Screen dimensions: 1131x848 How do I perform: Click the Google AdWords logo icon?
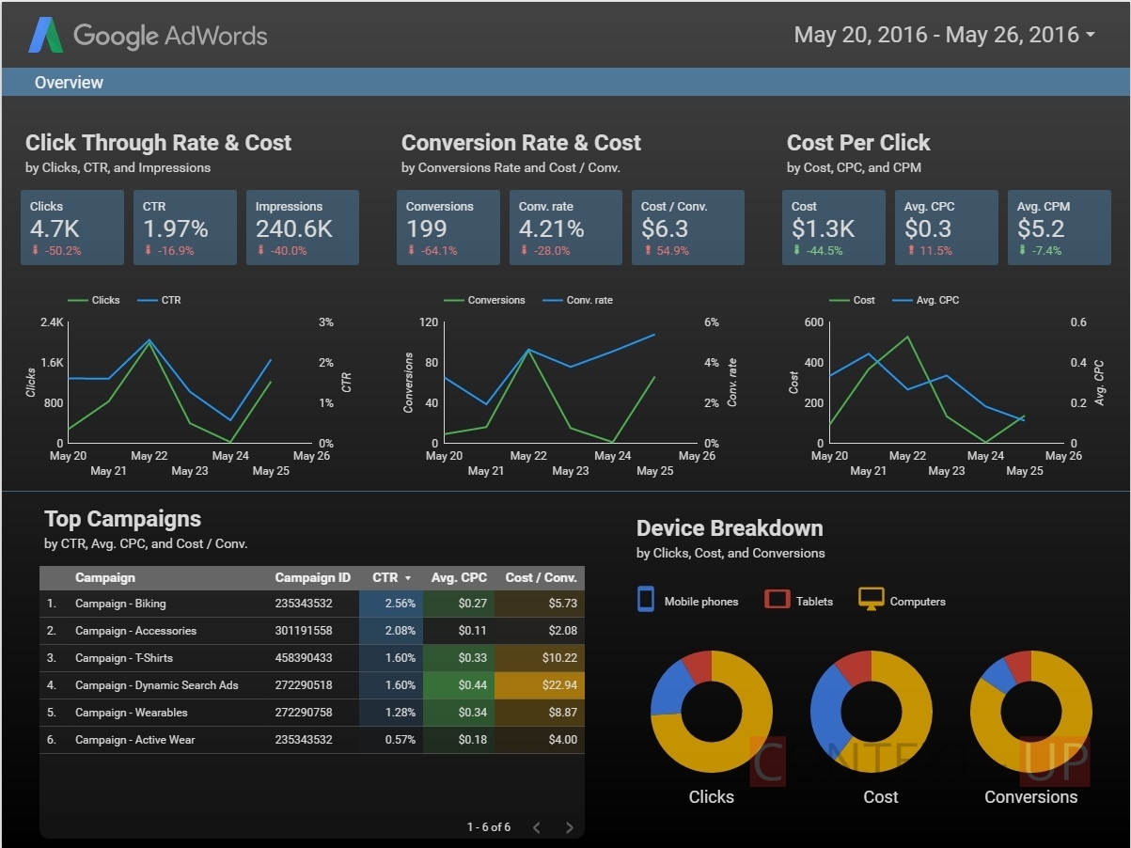pyautogui.click(x=46, y=35)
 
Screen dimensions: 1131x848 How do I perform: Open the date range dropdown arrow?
pyautogui.click(x=1091, y=35)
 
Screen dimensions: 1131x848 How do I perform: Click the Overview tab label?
pyautogui.click(x=69, y=83)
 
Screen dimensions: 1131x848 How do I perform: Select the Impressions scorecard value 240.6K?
pyautogui.click(x=294, y=228)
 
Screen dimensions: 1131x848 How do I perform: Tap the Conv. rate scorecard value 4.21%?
pyautogui.click(x=551, y=228)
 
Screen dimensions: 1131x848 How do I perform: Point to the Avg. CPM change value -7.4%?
pyautogui.click(x=1046, y=251)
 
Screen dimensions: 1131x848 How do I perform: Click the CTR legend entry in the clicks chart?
pyautogui.click(x=159, y=300)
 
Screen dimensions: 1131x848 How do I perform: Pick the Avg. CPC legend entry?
pyautogui.click(x=925, y=300)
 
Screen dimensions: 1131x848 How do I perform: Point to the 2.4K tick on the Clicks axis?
pyautogui.click(x=52, y=322)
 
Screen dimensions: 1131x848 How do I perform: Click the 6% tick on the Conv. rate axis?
pyautogui.click(x=711, y=322)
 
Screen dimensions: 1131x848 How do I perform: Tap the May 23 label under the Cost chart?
pyautogui.click(x=947, y=471)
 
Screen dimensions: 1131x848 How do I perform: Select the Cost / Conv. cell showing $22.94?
pyautogui.click(x=559, y=685)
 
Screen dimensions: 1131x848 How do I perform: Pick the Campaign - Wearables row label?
pyautogui.click(x=132, y=713)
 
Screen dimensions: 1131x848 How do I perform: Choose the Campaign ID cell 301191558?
pyautogui.click(x=304, y=631)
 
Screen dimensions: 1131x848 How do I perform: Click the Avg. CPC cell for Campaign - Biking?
pyautogui.click(x=473, y=604)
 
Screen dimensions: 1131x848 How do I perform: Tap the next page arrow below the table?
pyautogui.click(x=570, y=827)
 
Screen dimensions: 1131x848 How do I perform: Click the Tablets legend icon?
pyautogui.click(x=777, y=599)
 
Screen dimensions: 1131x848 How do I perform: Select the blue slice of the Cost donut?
pyautogui.click(x=827, y=711)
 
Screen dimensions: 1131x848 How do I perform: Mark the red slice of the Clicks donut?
pyautogui.click(x=699, y=665)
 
